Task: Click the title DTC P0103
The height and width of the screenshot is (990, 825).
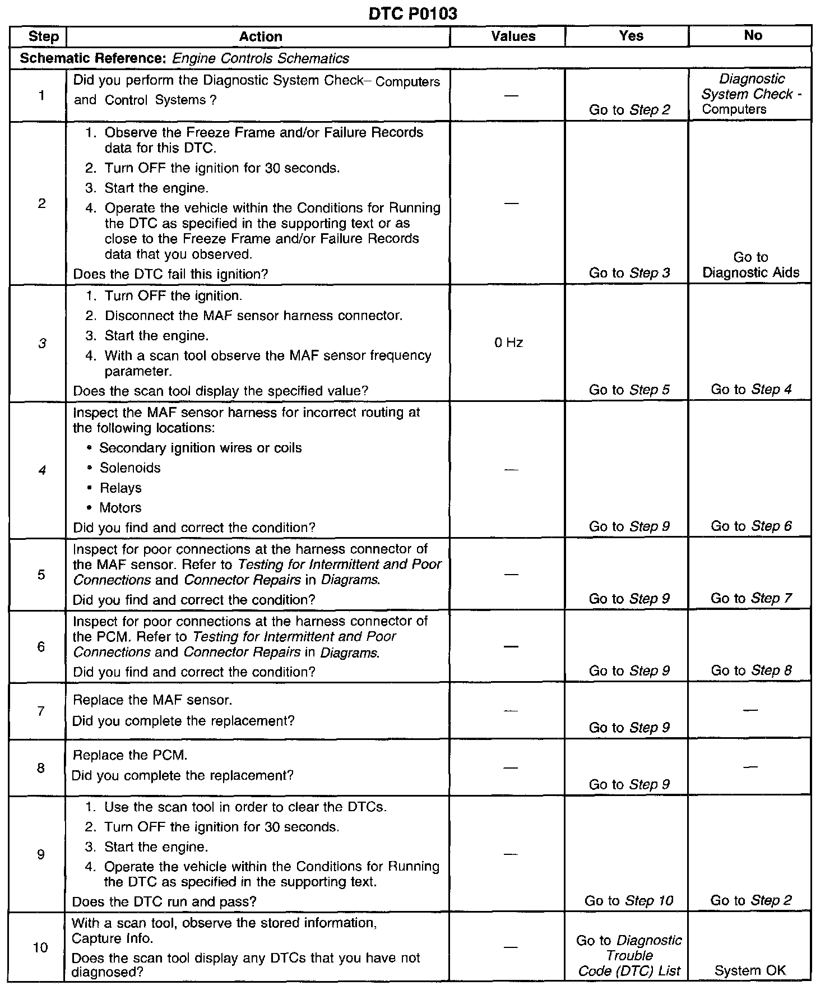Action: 412,13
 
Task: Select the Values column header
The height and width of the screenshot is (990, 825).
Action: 513,36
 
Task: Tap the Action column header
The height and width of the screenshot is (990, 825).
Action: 261,37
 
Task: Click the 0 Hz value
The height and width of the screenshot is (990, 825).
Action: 508,343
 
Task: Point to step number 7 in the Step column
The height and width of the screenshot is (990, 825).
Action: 41,711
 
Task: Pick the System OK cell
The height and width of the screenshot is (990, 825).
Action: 750,970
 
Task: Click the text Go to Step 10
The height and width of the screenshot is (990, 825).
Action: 629,901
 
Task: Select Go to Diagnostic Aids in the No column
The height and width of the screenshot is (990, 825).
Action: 750,265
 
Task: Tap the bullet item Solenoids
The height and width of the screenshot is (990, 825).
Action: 130,468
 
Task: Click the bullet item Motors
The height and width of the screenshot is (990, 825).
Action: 120,508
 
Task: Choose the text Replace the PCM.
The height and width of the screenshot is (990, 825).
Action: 130,755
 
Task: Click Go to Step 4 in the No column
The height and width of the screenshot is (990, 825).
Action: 751,389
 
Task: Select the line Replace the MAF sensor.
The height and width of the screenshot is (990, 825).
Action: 152,700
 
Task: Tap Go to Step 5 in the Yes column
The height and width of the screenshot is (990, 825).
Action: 629,390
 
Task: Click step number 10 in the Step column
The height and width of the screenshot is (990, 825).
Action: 41,948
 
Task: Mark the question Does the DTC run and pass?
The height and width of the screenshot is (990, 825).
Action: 164,901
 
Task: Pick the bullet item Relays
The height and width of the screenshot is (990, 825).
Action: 120,488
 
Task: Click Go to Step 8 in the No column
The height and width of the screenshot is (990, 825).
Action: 751,670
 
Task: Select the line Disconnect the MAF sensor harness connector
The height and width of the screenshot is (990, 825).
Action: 253,316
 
